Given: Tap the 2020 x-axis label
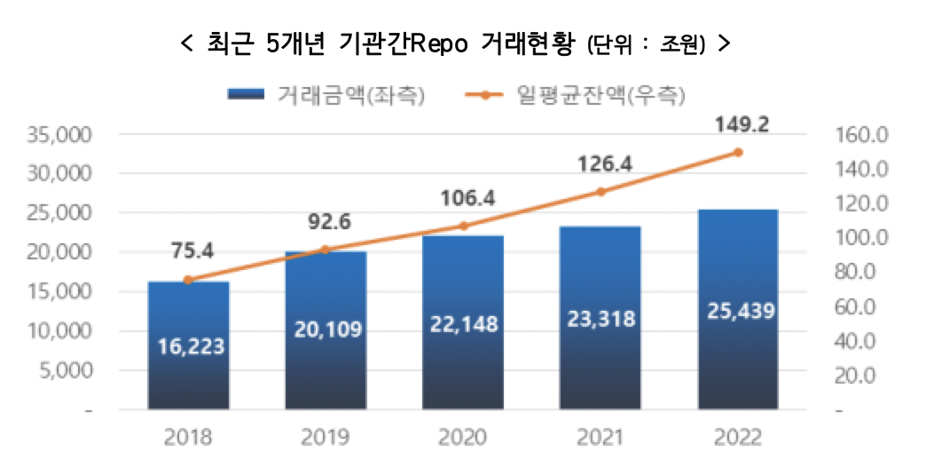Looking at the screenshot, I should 463,438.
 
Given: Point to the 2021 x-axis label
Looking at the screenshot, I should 600,438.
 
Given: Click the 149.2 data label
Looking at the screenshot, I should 738,125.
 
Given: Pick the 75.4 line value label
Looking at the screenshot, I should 188,252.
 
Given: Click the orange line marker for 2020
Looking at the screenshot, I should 463,226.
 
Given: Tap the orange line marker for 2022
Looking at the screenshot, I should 738,152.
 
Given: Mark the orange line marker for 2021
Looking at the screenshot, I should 600,192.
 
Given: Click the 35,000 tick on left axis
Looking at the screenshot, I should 62,135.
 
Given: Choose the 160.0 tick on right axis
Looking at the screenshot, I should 861,135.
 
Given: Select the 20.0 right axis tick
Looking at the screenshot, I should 857,376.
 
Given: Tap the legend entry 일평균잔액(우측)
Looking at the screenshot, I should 603,95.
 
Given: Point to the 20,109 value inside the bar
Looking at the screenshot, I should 326,329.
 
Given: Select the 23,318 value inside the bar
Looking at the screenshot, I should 600,319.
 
